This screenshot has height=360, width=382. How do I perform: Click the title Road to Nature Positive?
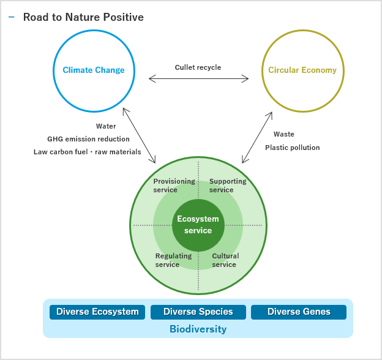pos(83,17)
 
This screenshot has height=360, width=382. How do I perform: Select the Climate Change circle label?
pos(94,70)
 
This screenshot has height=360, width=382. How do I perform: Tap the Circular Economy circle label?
pos(302,70)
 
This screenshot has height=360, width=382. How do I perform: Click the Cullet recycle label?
pos(198,67)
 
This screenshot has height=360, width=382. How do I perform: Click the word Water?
pos(106,127)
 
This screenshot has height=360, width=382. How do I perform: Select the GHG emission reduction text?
pos(89,139)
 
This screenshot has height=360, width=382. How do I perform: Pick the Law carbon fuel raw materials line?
pos(88,152)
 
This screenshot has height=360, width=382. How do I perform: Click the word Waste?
pos(284,134)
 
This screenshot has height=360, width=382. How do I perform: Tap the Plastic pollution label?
pos(292,148)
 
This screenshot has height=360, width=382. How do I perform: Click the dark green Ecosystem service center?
pos(198,225)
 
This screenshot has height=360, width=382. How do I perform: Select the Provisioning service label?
pos(174,186)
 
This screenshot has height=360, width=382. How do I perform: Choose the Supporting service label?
pos(228,186)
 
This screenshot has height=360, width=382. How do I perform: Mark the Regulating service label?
pos(173,260)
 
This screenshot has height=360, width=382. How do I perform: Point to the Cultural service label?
pos(225,260)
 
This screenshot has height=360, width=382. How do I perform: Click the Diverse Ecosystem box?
pos(97,312)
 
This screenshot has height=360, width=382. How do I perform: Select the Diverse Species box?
pos(198,312)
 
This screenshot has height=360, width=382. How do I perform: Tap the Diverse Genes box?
pos(299,312)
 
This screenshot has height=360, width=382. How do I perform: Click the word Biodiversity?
pos(198,329)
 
